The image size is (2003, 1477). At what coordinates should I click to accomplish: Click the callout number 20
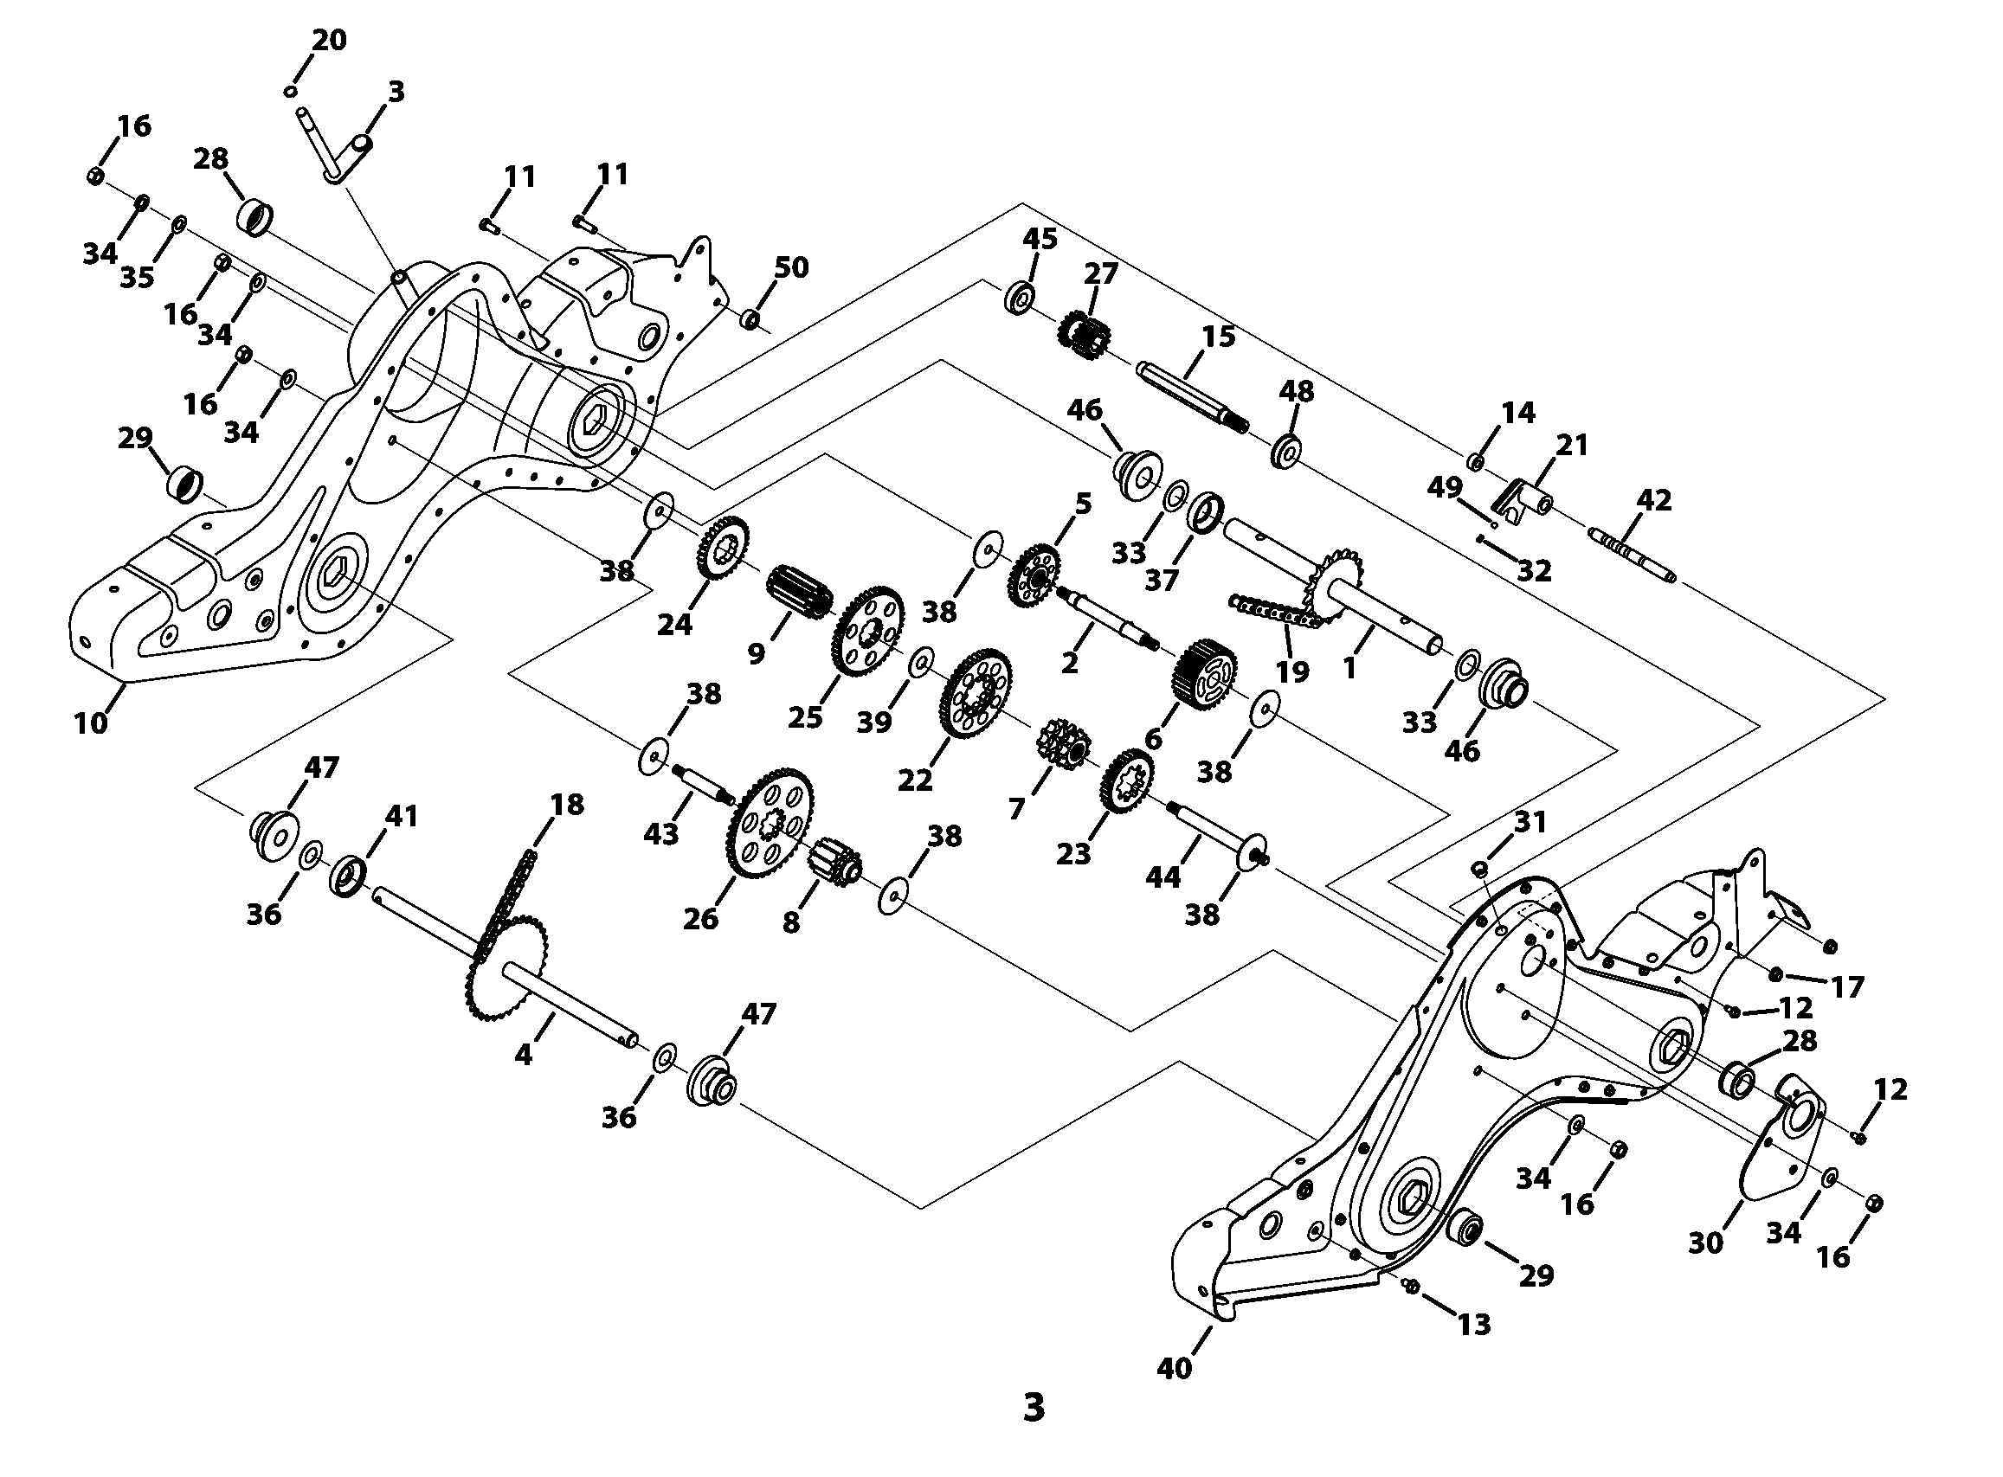click(328, 40)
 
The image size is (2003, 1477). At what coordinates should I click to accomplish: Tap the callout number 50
click(790, 267)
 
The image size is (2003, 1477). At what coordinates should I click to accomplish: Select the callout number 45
click(1039, 239)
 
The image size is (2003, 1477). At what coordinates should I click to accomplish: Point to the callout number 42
click(1652, 500)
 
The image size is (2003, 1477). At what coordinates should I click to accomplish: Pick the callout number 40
click(1174, 1369)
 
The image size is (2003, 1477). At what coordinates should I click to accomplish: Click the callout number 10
click(90, 722)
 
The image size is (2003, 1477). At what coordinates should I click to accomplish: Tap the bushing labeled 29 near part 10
click(184, 484)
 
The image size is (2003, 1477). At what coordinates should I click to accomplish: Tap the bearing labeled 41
click(348, 876)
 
